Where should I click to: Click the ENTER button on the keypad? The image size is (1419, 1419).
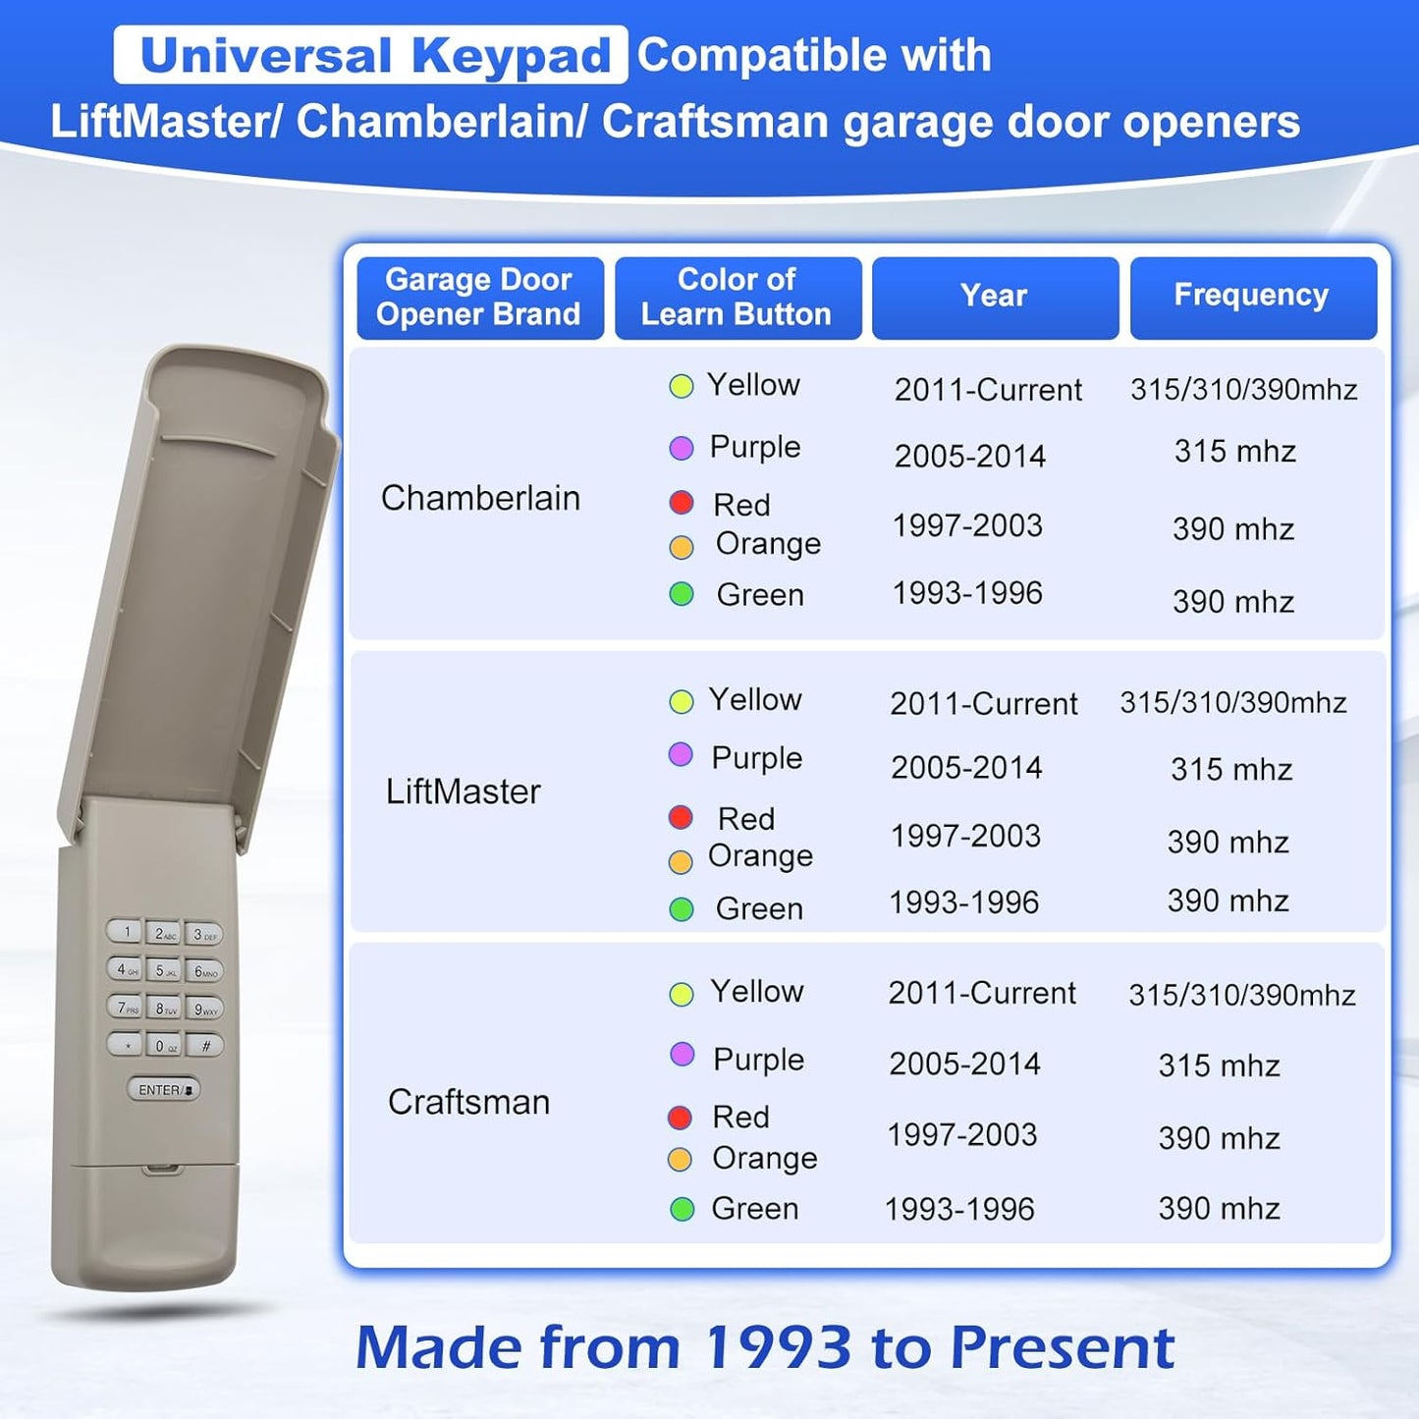(x=163, y=1089)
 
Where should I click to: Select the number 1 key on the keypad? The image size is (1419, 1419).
(x=125, y=932)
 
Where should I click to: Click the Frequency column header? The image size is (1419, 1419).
(x=1252, y=297)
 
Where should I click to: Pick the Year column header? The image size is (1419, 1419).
(x=995, y=297)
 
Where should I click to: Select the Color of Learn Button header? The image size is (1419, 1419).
(x=737, y=297)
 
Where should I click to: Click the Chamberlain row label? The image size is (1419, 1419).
(x=480, y=498)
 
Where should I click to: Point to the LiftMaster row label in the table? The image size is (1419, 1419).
(x=463, y=791)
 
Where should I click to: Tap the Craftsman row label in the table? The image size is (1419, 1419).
(x=468, y=1102)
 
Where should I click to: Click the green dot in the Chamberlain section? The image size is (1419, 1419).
(x=682, y=594)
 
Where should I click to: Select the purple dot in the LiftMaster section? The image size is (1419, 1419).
(x=681, y=755)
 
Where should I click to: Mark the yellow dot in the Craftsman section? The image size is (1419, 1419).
(x=681, y=994)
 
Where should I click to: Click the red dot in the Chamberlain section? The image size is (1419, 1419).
(x=681, y=503)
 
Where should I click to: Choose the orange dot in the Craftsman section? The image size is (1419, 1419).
(x=680, y=1160)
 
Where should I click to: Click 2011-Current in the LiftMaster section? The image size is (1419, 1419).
(x=984, y=704)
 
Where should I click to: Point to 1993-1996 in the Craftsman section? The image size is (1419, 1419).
(x=959, y=1209)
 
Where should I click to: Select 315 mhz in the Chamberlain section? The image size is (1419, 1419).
(x=1234, y=452)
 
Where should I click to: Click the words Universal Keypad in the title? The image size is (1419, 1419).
(x=374, y=55)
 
